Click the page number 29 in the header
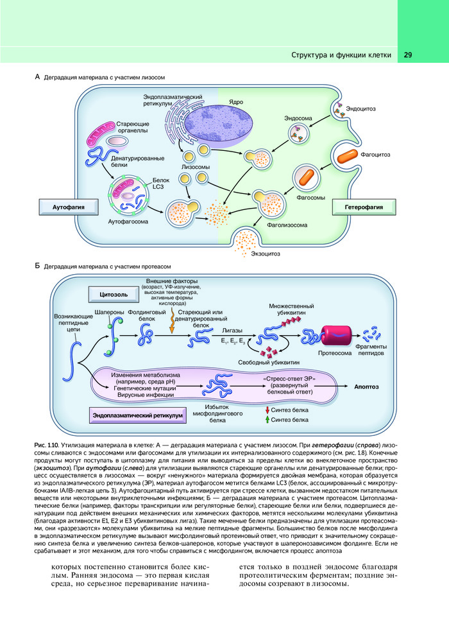coord(408,55)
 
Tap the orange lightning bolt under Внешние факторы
coord(172,320)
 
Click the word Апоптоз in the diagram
coord(367,387)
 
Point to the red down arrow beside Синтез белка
coord(266,409)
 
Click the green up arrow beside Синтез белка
coord(266,420)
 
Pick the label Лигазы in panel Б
coord(232,330)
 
